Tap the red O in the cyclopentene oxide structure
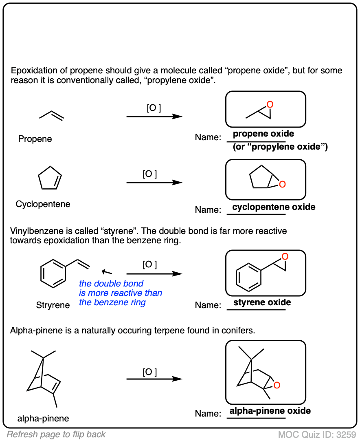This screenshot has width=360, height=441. [x=282, y=185]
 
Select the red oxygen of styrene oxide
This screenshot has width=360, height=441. [x=285, y=256]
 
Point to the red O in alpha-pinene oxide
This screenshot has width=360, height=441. [x=277, y=385]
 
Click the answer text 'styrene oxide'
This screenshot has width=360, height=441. [x=262, y=302]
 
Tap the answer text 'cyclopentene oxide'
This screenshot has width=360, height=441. [x=274, y=207]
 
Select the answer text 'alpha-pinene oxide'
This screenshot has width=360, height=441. [x=270, y=411]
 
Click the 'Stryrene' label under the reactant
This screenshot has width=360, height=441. [x=53, y=305]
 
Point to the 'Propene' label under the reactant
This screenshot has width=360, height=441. [x=35, y=139]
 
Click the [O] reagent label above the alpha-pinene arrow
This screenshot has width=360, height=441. [x=149, y=372]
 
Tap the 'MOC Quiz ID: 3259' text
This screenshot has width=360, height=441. [x=317, y=434]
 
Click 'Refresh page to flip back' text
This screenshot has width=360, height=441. [x=56, y=434]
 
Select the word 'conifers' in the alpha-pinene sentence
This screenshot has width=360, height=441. [x=241, y=330]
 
